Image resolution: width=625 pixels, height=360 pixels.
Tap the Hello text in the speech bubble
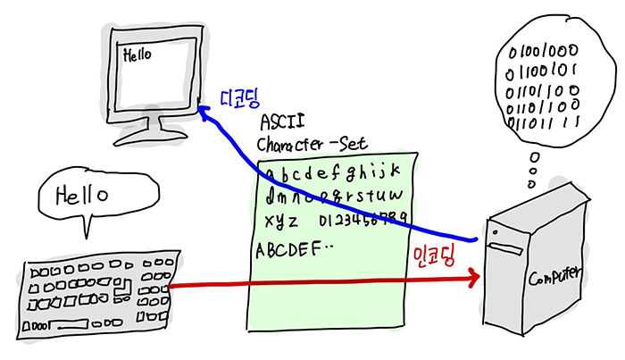tap(82, 193)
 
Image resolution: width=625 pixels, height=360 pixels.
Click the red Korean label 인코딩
tap(435, 254)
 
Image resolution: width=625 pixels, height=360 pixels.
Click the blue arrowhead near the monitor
tap(204, 112)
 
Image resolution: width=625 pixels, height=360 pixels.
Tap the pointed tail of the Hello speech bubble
tap(87, 231)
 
